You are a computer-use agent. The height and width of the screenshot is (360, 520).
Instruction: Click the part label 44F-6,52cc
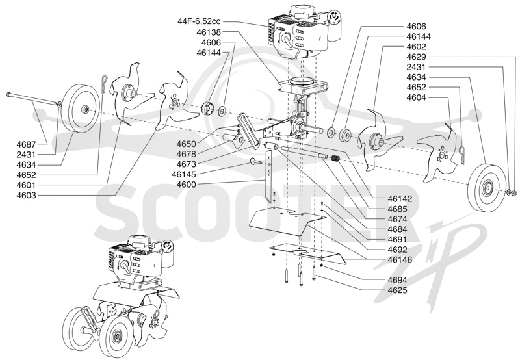pyautogui.click(x=199, y=21)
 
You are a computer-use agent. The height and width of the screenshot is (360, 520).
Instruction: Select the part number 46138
pyautogui.click(x=209, y=32)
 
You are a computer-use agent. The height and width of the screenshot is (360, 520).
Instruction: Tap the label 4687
pyautogui.click(x=26, y=144)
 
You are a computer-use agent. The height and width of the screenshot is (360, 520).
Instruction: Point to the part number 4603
pyautogui.click(x=26, y=195)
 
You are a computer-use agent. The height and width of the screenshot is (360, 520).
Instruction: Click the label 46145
pyautogui.click(x=184, y=174)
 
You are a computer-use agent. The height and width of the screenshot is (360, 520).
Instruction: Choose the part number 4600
pyautogui.click(x=187, y=185)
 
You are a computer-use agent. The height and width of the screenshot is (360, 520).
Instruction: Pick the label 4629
pyautogui.click(x=416, y=57)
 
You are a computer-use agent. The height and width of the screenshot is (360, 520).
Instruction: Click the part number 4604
pyautogui.click(x=416, y=97)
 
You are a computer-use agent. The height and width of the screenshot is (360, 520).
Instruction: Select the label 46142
pyautogui.click(x=400, y=199)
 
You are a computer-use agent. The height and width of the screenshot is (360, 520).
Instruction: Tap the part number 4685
pyautogui.click(x=398, y=209)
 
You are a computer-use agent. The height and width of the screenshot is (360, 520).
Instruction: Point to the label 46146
pyautogui.click(x=400, y=260)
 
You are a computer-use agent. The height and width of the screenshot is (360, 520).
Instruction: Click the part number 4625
pyautogui.click(x=398, y=290)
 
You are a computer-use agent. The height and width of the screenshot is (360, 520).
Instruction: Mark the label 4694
pyautogui.click(x=398, y=280)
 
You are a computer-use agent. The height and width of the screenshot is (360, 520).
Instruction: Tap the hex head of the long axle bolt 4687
pyautogui.click(x=8, y=95)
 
